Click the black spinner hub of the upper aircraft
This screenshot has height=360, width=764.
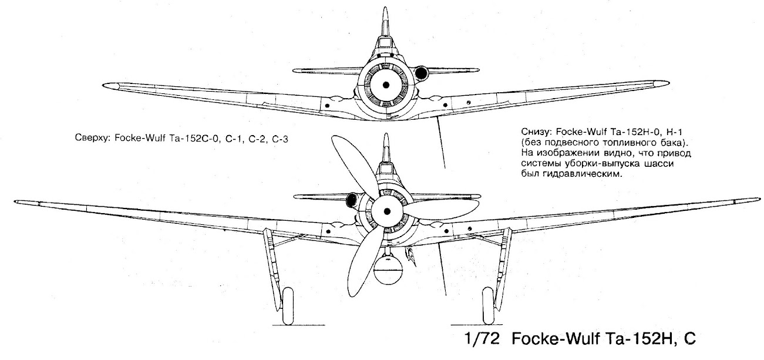point(386,86)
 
